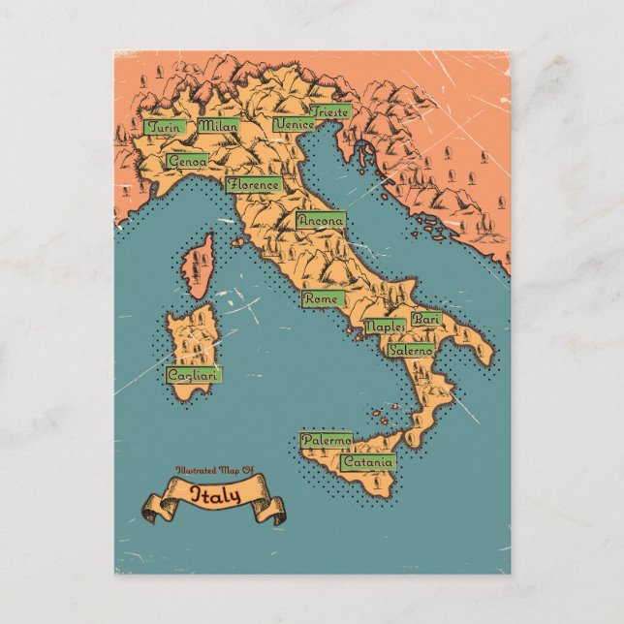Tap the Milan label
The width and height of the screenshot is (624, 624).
[218, 125]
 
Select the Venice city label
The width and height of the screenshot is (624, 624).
[294, 125]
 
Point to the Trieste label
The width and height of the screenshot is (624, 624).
[331, 112]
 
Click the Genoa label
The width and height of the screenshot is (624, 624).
[186, 162]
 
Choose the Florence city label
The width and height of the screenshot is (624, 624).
[254, 184]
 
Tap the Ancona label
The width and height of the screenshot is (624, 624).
[321, 221]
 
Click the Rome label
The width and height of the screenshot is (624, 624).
[321, 299]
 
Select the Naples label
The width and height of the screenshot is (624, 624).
[385, 328]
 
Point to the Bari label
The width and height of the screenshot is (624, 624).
[425, 319]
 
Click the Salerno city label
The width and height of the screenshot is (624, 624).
[410, 350]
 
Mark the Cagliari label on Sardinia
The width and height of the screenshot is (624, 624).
[193, 374]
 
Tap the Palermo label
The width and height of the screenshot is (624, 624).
[326, 440]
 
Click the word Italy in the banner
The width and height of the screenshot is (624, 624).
[215, 495]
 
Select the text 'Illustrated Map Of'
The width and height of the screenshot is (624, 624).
[214, 471]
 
